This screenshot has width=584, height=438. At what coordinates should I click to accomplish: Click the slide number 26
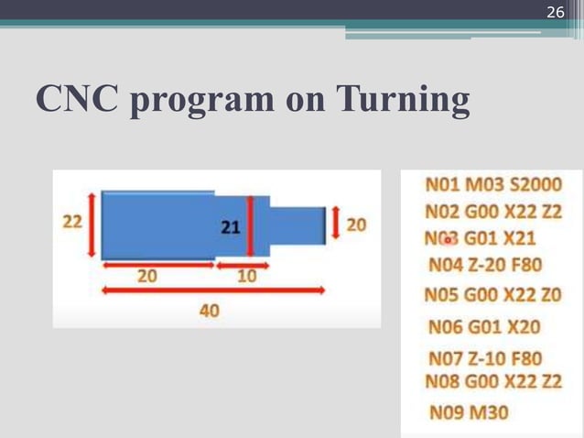coord(556,12)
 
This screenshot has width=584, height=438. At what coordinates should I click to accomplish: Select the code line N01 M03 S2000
coord(493,186)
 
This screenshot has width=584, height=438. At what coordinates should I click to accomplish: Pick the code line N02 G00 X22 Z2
coord(493,212)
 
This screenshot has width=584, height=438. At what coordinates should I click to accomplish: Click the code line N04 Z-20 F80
coord(485,266)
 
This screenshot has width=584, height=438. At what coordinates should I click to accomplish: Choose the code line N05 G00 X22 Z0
coord(492,296)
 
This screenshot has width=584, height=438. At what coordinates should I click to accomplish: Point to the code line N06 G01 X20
coord(484,326)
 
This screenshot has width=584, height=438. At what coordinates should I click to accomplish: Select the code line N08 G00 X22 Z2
coord(493,380)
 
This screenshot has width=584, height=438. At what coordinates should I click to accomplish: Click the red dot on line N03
coord(448,240)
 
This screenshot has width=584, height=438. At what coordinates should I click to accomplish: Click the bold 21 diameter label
coord(230,226)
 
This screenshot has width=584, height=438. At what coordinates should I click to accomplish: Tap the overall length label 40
coord(210,312)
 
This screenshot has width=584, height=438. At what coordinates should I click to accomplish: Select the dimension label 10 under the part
coord(246,277)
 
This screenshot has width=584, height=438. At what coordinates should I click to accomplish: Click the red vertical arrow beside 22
coord(92,224)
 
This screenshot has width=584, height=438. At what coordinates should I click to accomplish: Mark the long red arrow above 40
coord(213,290)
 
